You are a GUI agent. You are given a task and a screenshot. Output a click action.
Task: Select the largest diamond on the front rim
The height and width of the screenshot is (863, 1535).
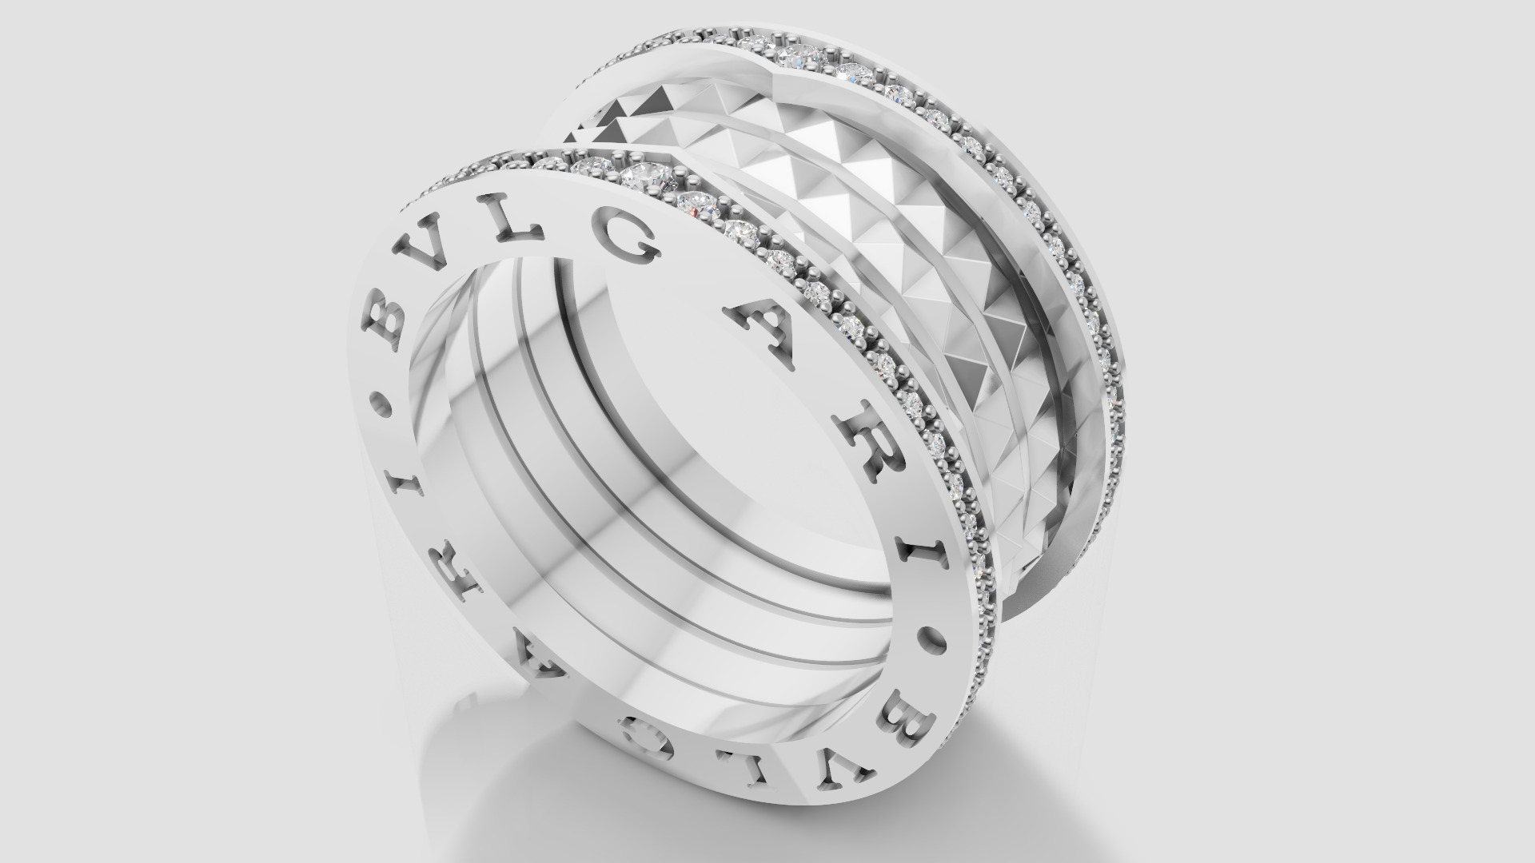(x=646, y=175)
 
